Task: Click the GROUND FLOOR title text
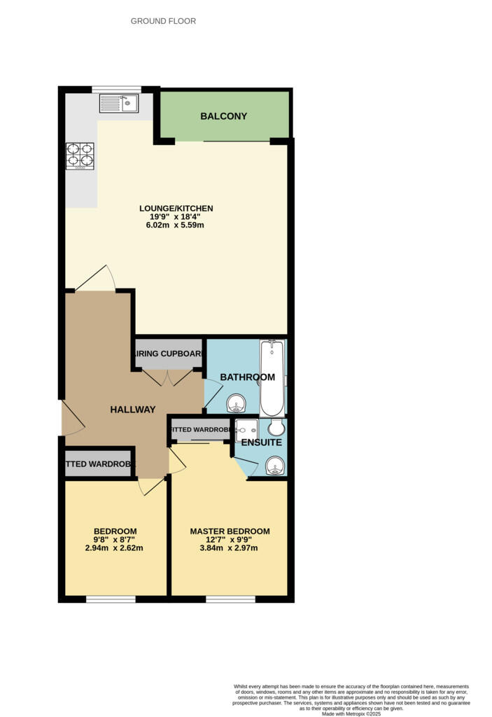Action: [163, 22]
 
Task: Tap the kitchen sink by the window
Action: [119, 104]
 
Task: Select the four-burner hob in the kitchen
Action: [80, 156]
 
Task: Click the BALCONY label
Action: [223, 116]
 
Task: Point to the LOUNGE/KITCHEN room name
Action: [176, 208]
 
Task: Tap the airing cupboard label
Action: [168, 354]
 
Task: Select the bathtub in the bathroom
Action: [271, 378]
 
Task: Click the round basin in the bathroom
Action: [236, 403]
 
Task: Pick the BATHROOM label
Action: [247, 377]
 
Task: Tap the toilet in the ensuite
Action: [276, 426]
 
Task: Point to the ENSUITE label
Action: [261, 443]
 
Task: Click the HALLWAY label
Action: [132, 410]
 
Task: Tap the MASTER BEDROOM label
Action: [230, 531]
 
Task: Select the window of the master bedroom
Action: [230, 599]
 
